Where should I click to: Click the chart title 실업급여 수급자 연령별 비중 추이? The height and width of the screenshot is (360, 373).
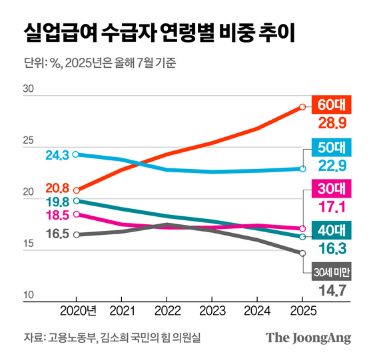159,31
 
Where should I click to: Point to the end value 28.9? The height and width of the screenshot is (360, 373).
333,124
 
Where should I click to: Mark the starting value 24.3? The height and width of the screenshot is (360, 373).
57,155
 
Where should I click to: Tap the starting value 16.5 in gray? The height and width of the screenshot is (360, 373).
57,234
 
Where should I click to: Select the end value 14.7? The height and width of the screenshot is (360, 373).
333,290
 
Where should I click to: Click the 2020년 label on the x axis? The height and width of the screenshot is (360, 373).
79,310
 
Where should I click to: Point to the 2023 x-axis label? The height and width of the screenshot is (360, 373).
211,310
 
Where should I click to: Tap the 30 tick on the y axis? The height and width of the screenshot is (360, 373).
28,89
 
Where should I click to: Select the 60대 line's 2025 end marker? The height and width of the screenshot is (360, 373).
302,106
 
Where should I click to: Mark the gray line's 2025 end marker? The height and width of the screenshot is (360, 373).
302,253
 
